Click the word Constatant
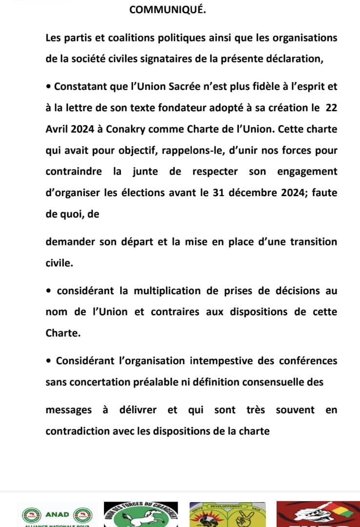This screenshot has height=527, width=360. pos(80,87)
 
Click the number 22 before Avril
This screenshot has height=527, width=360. pos(331,108)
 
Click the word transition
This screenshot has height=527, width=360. pos(313,242)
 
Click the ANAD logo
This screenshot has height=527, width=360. pos(57,515)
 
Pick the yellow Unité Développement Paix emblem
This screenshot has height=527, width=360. pos(227,515)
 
